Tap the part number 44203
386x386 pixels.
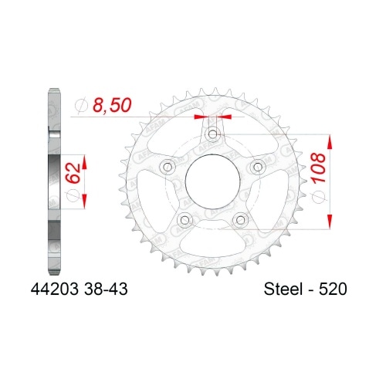click(x=55, y=289)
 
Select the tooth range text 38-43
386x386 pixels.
click(x=98, y=289)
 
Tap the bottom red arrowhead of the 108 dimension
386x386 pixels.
click(x=330, y=219)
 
